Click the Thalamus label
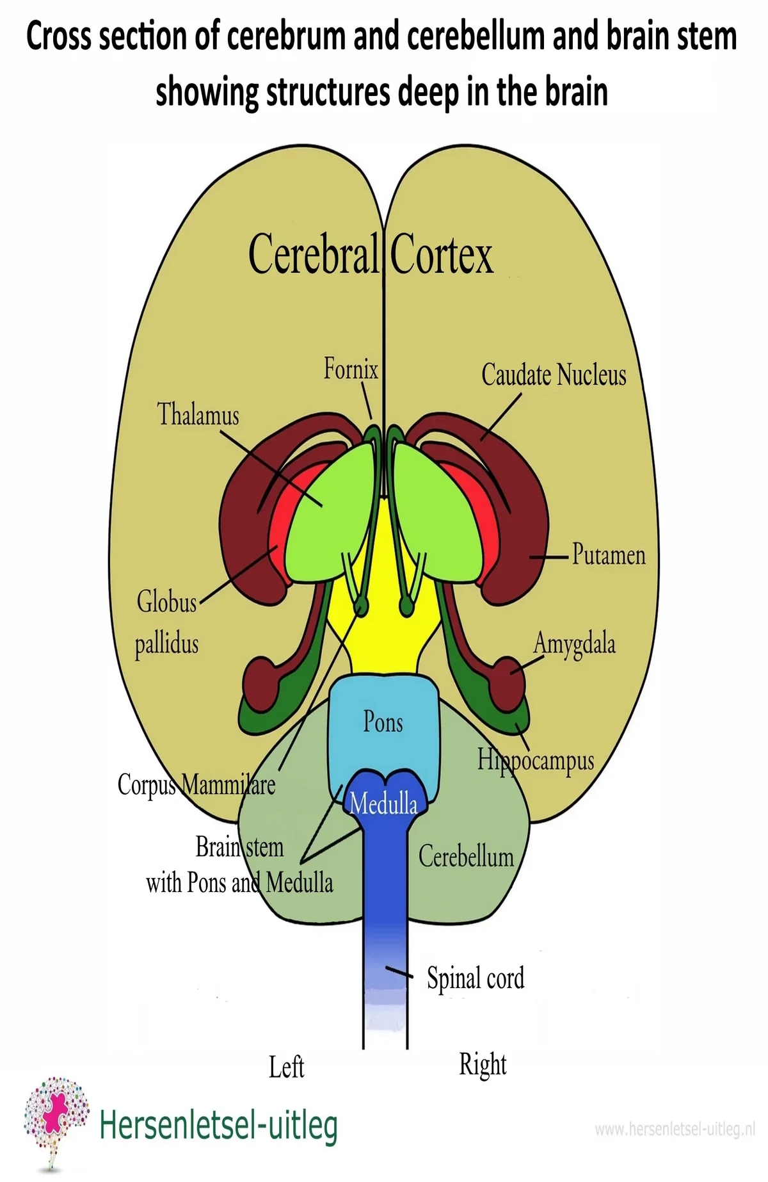click(198, 414)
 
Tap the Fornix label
click(351, 369)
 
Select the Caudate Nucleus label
click(554, 375)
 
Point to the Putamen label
click(609, 555)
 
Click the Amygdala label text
click(574, 644)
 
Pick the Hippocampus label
click(536, 761)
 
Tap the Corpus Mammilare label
click(196, 785)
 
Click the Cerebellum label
click(466, 857)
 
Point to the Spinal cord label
click(476, 978)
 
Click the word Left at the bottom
click(286, 1067)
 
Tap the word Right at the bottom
click(483, 1065)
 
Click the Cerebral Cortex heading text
click(371, 255)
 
